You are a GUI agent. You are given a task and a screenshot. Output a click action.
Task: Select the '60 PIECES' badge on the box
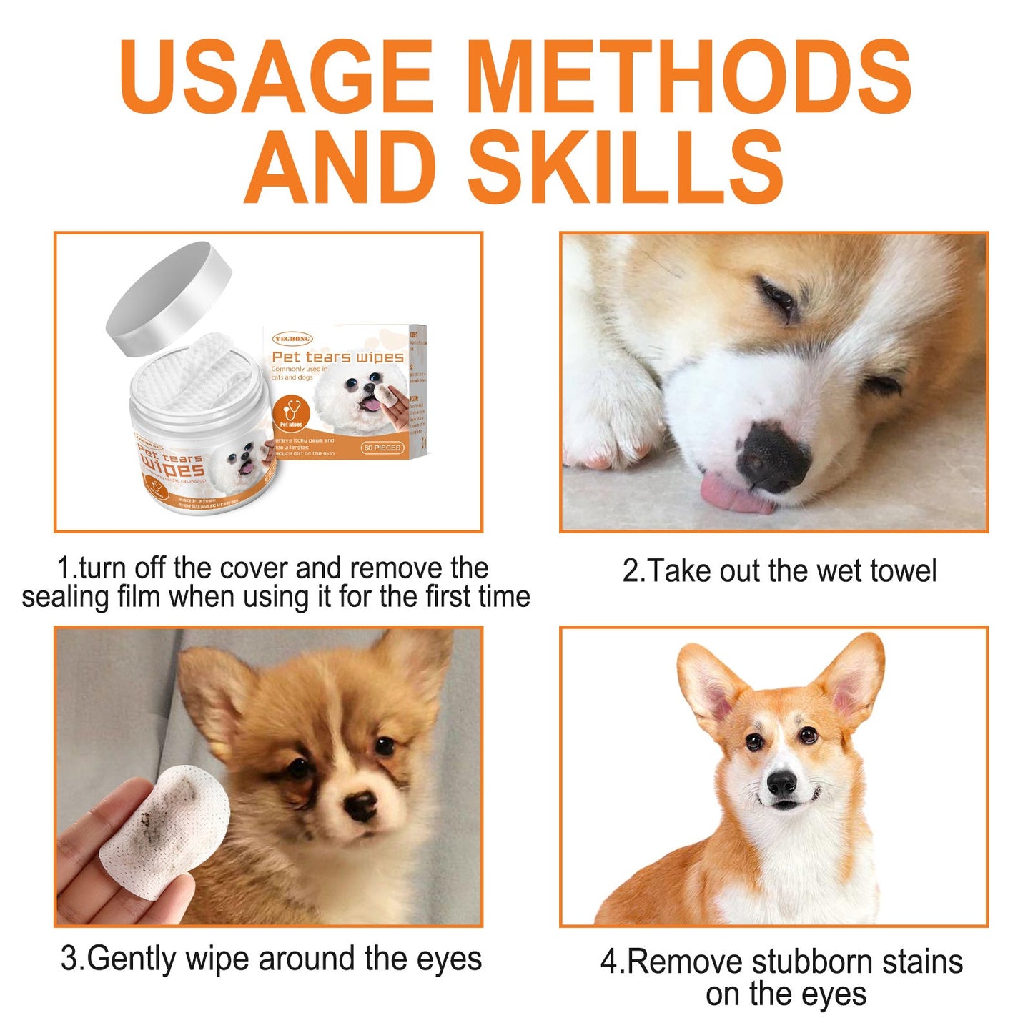click(382, 448)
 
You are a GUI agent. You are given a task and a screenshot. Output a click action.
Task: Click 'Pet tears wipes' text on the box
click(337, 357)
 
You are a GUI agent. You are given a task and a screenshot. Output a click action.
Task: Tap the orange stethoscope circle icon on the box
click(292, 414)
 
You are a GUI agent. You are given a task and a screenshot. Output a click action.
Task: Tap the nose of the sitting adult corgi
click(782, 785)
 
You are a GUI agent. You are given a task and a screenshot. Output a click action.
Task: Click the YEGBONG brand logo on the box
click(292, 338)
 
